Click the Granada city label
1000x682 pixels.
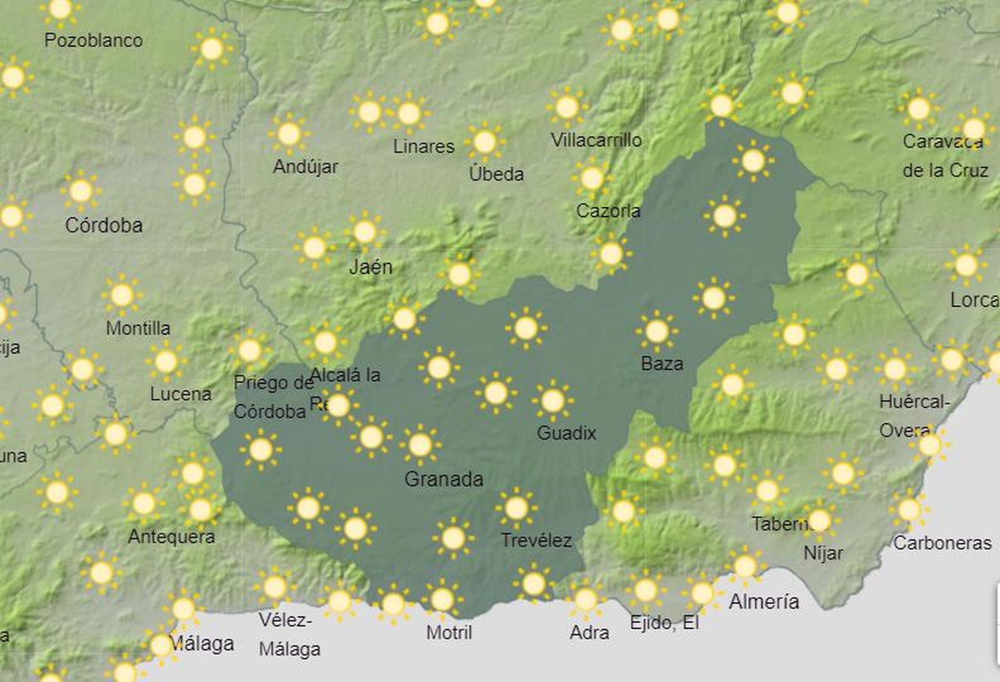pos(444,479)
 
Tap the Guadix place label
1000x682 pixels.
pos(566,433)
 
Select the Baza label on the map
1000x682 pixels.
pos(662,363)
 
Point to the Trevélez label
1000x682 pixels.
pos(536,540)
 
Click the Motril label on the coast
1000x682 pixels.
pos(449,633)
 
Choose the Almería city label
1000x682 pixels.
pos(764,601)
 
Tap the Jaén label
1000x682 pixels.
pos(371,267)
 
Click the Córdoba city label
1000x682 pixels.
pos(104,225)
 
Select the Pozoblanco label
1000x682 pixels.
pos(94,41)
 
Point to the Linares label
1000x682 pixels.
pos(424,146)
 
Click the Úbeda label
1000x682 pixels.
pos(496,174)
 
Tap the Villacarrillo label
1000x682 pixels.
pos(596,140)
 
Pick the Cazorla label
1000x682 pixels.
pos(608,211)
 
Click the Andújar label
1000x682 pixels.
pos(306,167)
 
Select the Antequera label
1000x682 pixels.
pos(171,536)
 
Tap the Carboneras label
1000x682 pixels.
pos(942,543)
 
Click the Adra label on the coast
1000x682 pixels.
pos(589,633)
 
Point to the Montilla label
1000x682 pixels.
pos(138,328)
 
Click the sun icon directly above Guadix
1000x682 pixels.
pos(552,401)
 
